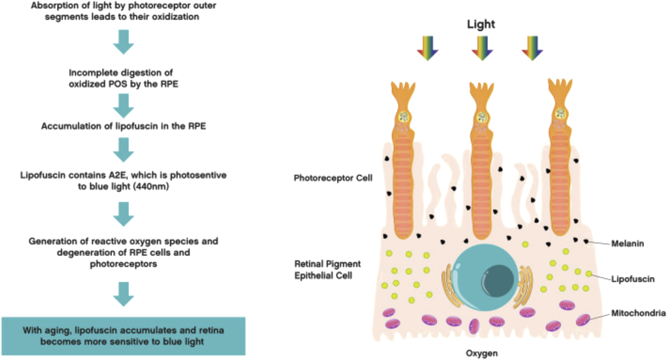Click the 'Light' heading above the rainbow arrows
coord(481,24)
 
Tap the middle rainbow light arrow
coord(482,48)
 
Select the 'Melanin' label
coord(627,244)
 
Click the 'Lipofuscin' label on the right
coord(632,279)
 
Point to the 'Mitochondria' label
coord(638,313)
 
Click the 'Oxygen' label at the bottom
coord(481,353)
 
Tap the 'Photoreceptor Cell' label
coord(333,178)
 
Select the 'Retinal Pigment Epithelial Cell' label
coord(327,270)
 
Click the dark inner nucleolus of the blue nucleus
coord(498,281)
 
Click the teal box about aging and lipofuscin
coord(123,336)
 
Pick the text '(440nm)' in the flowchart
coord(151,186)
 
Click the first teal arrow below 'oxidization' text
coord(123,42)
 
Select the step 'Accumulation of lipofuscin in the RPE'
coord(123,126)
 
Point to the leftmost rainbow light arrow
coord(428,48)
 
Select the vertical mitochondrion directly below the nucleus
coord(474,326)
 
